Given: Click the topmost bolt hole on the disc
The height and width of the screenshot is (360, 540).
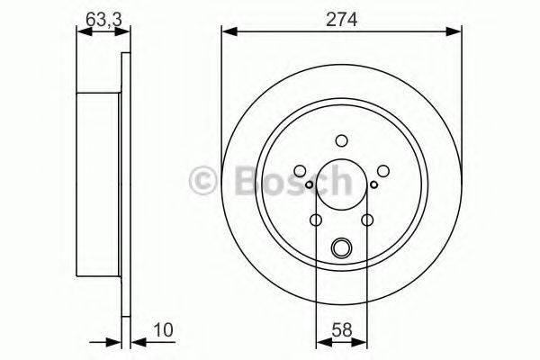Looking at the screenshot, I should coord(341,140).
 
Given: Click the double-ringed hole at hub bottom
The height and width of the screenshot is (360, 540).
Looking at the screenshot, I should coord(341,248).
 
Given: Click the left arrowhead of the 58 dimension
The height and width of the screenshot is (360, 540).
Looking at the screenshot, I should coord(320,343).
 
